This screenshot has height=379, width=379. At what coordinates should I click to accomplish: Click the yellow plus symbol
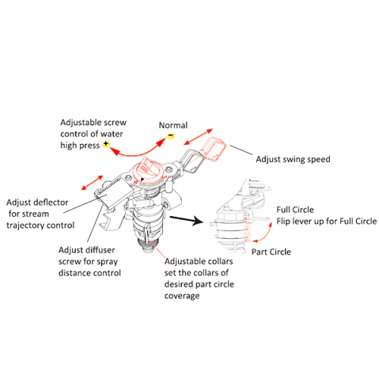pyautogui.click(x=106, y=144)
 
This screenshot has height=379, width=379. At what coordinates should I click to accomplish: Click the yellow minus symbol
pyautogui.click(x=171, y=136)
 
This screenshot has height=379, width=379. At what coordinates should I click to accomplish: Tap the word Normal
pyautogui.click(x=174, y=125)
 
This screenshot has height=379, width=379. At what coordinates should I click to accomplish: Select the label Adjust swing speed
pyautogui.click(x=293, y=159)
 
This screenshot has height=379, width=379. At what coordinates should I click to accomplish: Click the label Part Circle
pyautogui.click(x=271, y=252)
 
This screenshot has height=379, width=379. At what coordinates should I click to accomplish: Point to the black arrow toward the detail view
pyautogui.click(x=186, y=220)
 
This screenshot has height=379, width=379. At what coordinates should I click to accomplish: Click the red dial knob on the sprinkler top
pyautogui.click(x=149, y=169)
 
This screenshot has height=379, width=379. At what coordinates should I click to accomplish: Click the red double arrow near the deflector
pyautogui.click(x=92, y=183)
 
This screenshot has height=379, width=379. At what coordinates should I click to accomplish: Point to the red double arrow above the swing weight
pyautogui.click(x=199, y=136)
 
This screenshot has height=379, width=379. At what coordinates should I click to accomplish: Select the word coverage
pyautogui.click(x=182, y=296)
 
